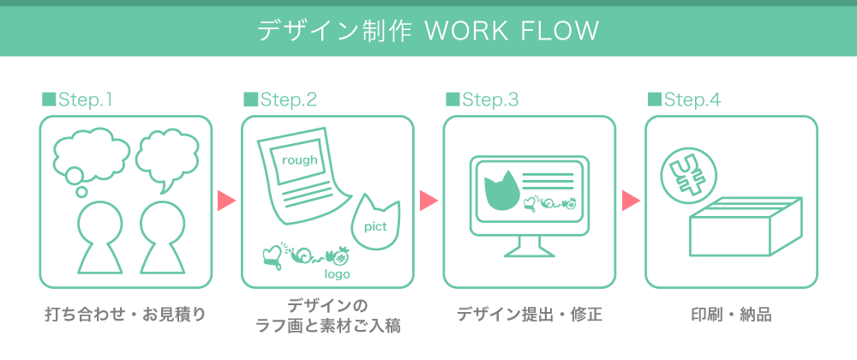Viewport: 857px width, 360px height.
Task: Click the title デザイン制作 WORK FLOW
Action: pyautogui.click(x=428, y=32)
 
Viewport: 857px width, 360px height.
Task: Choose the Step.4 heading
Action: pyautogui.click(x=685, y=99)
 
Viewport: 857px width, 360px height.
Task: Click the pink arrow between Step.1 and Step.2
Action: pyautogui.click(x=226, y=201)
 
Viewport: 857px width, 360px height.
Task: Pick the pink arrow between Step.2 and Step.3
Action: pyautogui.click(x=428, y=201)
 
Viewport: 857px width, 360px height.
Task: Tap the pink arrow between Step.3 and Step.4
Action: pyautogui.click(x=631, y=201)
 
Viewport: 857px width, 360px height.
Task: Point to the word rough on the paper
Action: pyautogui.click(x=299, y=160)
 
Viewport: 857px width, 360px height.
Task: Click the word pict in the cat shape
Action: pyautogui.click(x=375, y=226)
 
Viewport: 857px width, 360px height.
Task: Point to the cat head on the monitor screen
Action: pyautogui.click(x=501, y=191)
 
